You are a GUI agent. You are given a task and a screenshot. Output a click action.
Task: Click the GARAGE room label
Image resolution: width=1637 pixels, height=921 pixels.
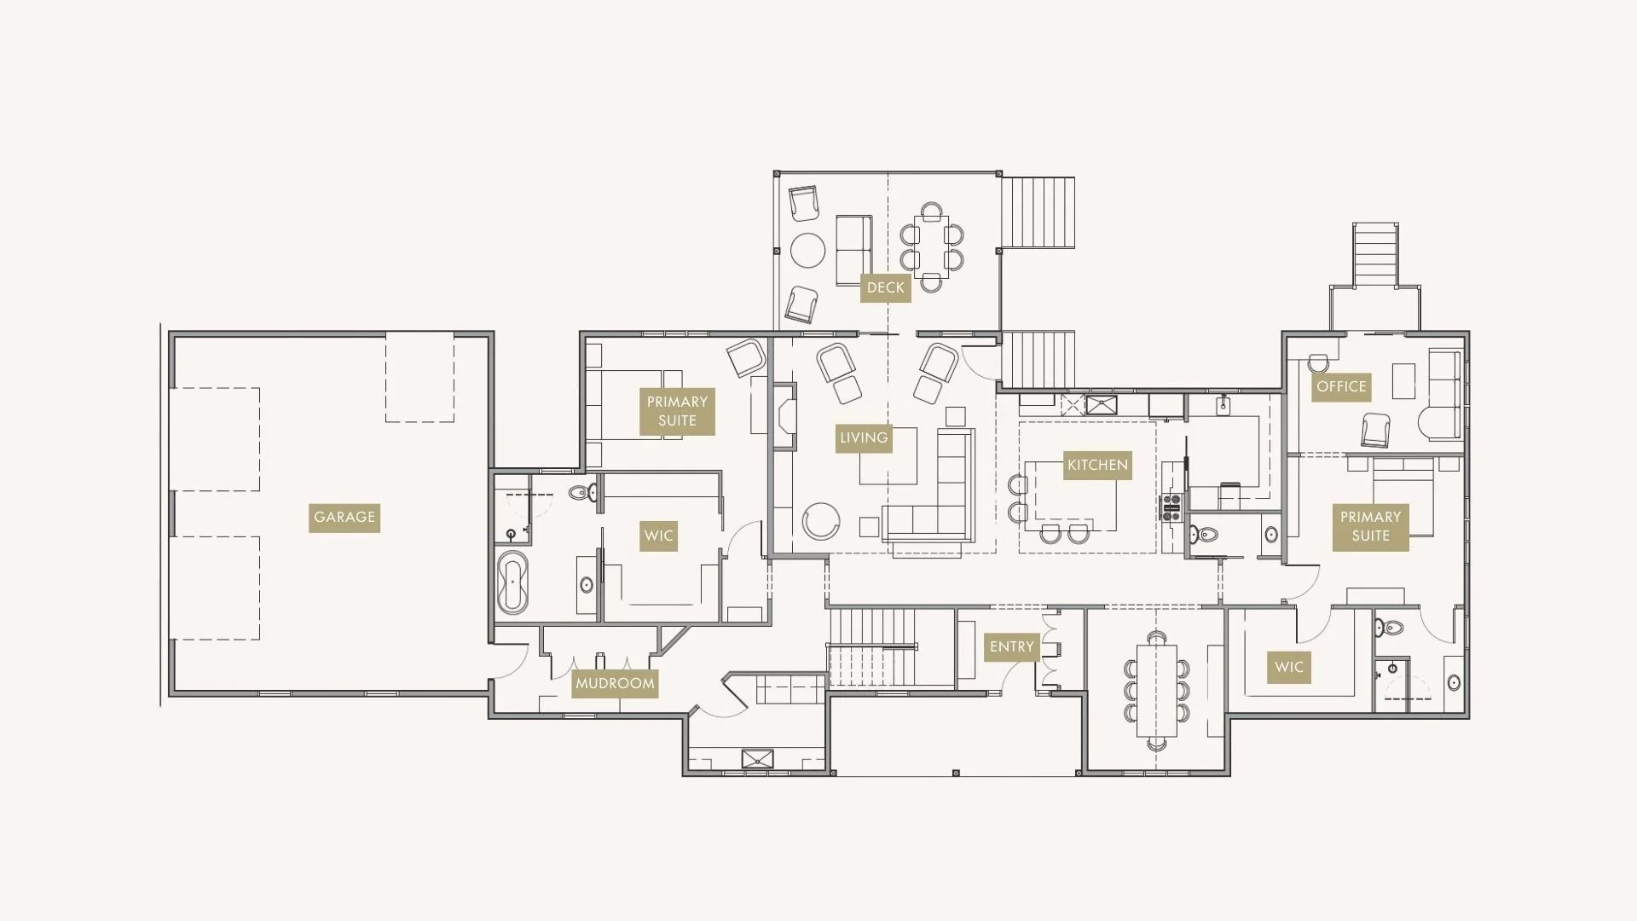click(x=344, y=517)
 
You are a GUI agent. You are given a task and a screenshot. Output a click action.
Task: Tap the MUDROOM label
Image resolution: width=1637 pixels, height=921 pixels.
click(x=614, y=683)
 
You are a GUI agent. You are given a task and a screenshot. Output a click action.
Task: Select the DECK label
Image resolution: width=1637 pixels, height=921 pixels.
click(x=885, y=287)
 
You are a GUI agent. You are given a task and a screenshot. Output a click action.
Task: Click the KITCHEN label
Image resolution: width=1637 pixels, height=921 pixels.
click(x=1097, y=465)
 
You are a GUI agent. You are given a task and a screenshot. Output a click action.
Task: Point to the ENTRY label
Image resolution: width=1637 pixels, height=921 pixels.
click(x=1011, y=646)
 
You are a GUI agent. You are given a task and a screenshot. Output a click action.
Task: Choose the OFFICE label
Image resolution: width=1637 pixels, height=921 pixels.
click(x=1340, y=386)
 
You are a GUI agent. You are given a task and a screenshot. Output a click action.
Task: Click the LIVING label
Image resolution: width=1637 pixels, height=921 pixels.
click(x=863, y=437)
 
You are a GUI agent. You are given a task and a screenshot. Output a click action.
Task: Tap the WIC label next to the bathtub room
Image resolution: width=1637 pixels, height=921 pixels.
click(x=658, y=536)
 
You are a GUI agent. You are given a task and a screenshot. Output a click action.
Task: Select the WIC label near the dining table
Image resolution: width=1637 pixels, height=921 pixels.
click(x=1288, y=667)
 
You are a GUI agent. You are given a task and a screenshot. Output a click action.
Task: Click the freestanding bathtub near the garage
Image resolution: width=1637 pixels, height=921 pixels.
click(x=512, y=582)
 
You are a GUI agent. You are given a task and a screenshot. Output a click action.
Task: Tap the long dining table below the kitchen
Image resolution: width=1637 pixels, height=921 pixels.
click(x=1156, y=691)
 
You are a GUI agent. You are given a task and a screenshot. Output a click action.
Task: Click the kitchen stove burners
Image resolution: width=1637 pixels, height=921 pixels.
click(x=1171, y=507)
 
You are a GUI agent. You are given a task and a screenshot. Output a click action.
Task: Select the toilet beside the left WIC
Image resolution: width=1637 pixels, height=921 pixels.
click(x=582, y=492)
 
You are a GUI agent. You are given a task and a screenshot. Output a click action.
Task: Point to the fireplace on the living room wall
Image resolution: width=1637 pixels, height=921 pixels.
click(x=784, y=416)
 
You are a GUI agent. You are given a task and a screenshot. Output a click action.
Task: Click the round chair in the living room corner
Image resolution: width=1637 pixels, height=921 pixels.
click(x=821, y=521)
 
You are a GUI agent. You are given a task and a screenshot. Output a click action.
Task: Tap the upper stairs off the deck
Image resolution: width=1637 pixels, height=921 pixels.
click(x=1038, y=212)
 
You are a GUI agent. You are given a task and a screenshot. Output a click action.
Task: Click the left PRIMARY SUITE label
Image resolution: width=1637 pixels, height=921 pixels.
click(x=677, y=411)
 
